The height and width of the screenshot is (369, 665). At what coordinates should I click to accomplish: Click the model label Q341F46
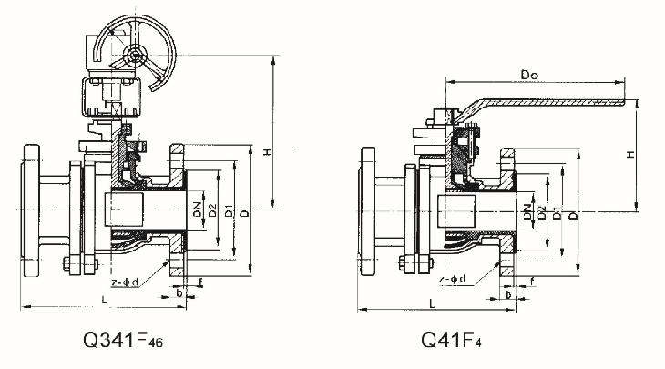tap(118, 342)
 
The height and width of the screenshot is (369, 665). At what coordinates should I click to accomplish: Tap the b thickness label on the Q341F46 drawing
tap(179, 293)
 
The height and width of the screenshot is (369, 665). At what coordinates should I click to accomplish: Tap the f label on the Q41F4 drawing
tap(531, 293)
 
